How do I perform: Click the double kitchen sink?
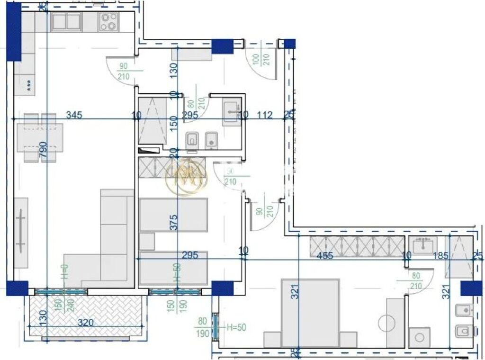tap(67, 22)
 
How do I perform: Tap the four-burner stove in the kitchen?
tap(108, 22)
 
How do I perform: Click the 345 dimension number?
tap(74, 115)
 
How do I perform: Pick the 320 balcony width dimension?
tap(86, 323)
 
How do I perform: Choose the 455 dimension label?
tap(325, 256)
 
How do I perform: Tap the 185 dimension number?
tap(440, 256)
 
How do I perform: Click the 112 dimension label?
tap(265, 115)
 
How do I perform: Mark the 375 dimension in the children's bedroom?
tap(174, 223)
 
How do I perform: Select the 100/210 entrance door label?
tap(263, 59)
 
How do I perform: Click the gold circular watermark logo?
tap(187, 177)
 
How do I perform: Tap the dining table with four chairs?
tap(40, 137)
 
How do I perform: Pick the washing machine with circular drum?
tap(419, 338)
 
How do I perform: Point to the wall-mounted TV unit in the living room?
tap(21, 232)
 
